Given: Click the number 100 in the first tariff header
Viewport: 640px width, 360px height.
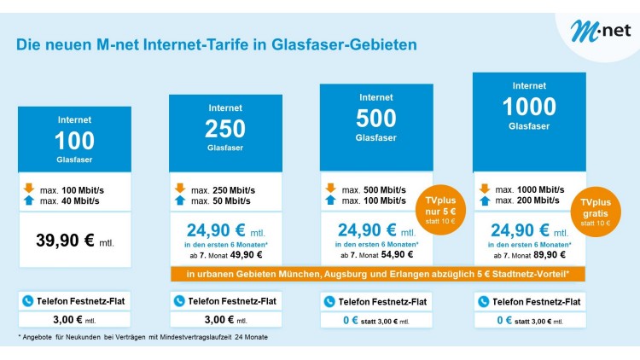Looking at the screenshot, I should pos(74,140).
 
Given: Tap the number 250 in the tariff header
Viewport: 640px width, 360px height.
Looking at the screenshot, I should pos(224,129).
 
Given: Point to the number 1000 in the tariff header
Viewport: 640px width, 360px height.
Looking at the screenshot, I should pos(529,106).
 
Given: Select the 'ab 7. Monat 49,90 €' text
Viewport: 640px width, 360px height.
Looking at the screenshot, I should pos(225,254).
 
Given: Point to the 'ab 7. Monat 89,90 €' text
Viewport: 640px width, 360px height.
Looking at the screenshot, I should pos(529,254).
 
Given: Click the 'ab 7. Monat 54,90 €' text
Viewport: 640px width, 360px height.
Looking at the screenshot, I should pos(376,254).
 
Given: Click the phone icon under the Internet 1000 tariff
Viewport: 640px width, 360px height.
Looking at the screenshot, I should pos(484,301).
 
